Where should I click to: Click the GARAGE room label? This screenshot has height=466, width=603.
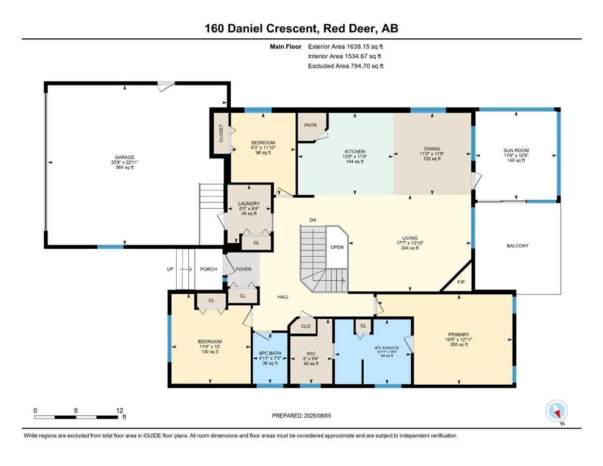pyautogui.click(x=124, y=157)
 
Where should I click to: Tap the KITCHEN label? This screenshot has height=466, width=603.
pyautogui.click(x=355, y=152)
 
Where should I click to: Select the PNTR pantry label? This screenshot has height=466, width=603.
pyautogui.click(x=310, y=125)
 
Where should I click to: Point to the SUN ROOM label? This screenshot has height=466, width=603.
pyautogui.click(x=516, y=150)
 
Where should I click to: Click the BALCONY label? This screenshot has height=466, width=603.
pyautogui.click(x=517, y=246)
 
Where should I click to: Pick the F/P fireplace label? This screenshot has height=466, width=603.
pyautogui.click(x=461, y=282)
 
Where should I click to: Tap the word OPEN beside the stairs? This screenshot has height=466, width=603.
pyautogui.click(x=337, y=247)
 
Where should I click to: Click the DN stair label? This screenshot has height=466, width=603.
pyautogui.click(x=313, y=220)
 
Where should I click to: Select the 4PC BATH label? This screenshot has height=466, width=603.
pyautogui.click(x=270, y=353)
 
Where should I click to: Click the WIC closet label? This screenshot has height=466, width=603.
pyautogui.click(x=311, y=353)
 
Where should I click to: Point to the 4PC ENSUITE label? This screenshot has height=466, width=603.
pyautogui.click(x=387, y=348)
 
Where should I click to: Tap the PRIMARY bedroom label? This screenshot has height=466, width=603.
pyautogui.click(x=459, y=334)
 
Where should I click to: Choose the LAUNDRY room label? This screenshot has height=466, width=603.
pyautogui.click(x=249, y=204)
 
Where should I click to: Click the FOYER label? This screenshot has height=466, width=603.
pyautogui.click(x=244, y=269)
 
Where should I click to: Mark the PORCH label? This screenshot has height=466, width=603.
pyautogui.click(x=208, y=269)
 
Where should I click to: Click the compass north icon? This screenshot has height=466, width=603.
pyautogui.click(x=556, y=411)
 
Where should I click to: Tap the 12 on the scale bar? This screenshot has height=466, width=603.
pyautogui.click(x=120, y=410)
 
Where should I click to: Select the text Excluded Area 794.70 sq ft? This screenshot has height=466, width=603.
pyautogui.click(x=346, y=66)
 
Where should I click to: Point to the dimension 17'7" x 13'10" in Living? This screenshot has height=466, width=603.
pyautogui.click(x=410, y=243)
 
